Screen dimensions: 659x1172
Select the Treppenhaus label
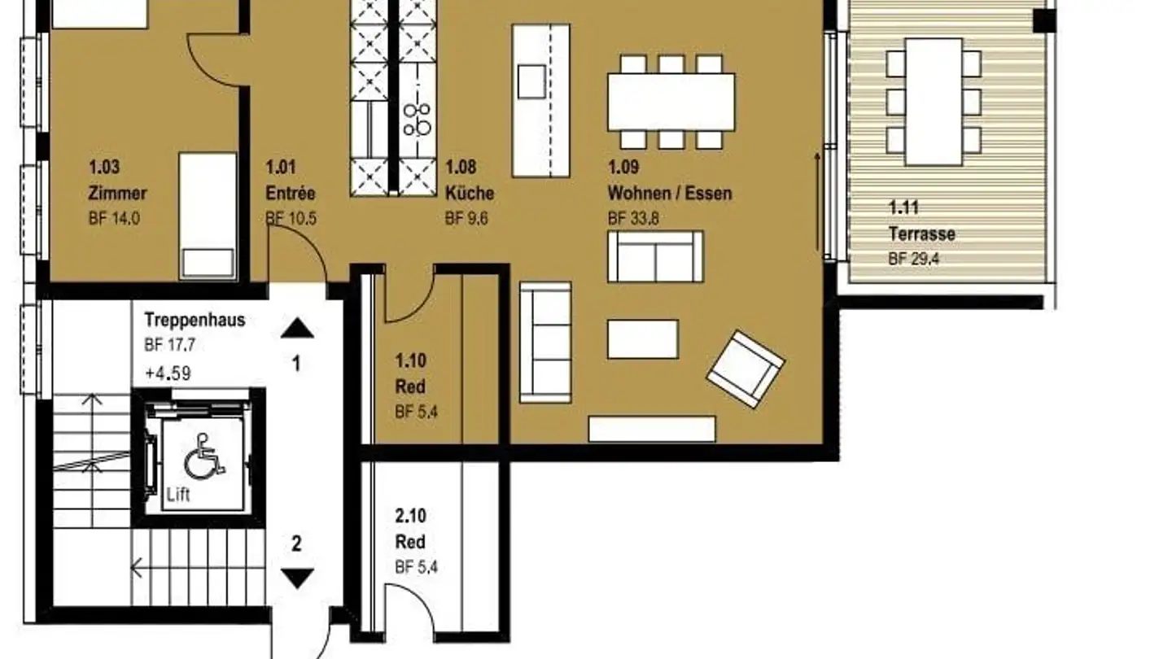point(195,320)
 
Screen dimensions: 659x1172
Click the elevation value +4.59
point(167,374)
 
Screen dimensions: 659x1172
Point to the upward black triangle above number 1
point(297,328)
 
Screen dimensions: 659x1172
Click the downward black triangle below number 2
point(297,578)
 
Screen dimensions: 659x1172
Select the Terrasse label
point(921,234)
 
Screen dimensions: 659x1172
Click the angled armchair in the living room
point(745,368)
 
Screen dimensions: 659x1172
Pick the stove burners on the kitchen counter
point(419,119)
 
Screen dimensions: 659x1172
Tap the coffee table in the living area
point(642,339)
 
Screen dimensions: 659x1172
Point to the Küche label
point(469,194)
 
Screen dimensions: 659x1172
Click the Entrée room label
point(290,194)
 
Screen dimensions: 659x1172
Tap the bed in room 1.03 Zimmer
point(208,216)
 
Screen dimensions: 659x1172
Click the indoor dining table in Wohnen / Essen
point(671,102)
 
